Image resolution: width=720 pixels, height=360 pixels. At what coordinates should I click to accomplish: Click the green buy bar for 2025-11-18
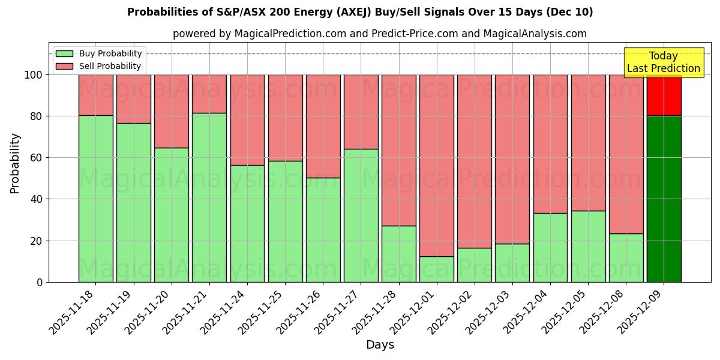pos(95,199)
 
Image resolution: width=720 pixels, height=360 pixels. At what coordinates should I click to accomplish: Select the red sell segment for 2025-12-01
pos(437,166)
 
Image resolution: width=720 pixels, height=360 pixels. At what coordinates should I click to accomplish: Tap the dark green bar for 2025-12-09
pos(664,199)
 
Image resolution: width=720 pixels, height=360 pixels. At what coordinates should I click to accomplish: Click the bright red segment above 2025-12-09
pos(664,95)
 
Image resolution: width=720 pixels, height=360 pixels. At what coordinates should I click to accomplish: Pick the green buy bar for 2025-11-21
pos(209,197)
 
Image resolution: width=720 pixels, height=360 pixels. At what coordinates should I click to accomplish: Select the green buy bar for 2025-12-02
pos(475,265)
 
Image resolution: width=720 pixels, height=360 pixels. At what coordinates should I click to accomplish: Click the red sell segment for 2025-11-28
pos(399,150)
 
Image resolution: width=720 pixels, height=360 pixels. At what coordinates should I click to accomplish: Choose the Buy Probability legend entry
pos(99,54)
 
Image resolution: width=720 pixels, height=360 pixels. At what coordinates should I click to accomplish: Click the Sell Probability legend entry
pos(99,66)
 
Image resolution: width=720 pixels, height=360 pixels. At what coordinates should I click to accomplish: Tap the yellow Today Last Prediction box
pos(664,62)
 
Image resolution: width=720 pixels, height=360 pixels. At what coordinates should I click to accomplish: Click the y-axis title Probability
pos(15,163)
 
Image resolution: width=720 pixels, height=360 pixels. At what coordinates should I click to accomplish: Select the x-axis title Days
pos(380,345)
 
